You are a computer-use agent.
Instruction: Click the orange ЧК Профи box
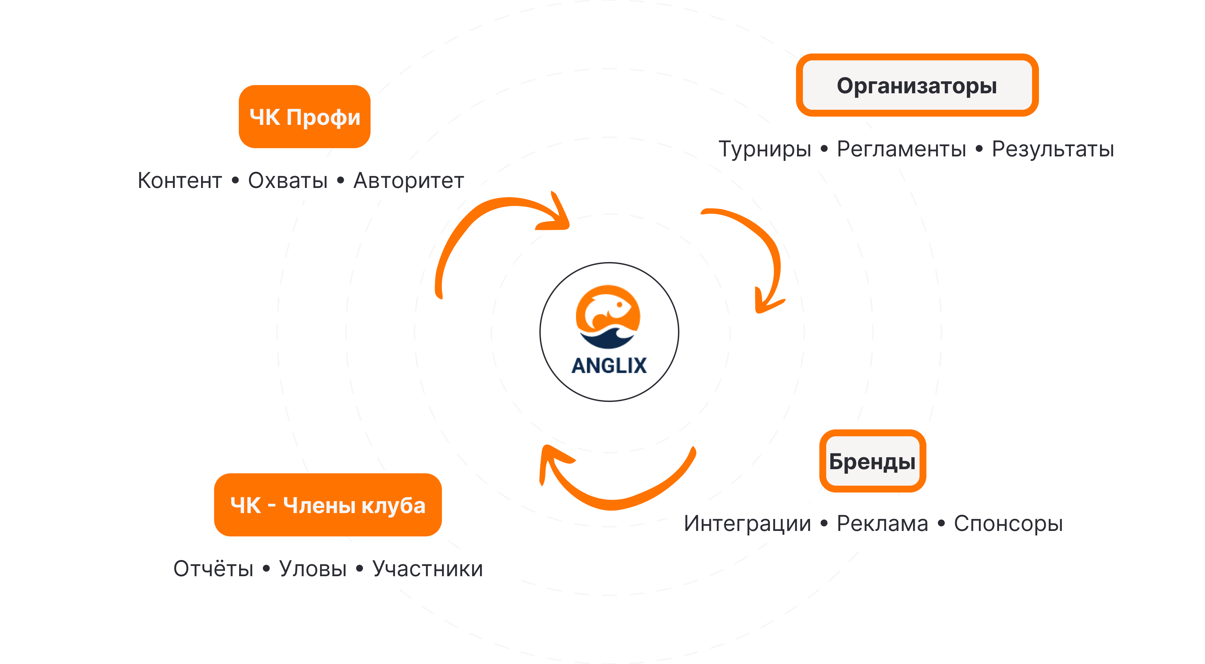(305, 117)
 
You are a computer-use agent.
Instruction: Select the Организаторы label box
(917, 85)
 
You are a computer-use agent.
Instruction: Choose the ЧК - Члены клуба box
(328, 505)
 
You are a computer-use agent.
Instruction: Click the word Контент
(180, 180)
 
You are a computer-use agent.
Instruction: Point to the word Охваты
(288, 180)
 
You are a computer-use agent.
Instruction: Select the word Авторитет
(408, 180)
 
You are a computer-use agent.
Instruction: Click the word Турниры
(765, 149)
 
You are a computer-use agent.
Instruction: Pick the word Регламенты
(901, 149)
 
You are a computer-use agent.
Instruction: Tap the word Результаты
(1053, 149)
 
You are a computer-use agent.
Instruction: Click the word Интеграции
(747, 523)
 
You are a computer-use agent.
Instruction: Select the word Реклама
(882, 523)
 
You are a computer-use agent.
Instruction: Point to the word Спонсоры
(1008, 523)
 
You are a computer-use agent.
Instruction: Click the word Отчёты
(213, 569)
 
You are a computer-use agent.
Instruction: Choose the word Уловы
(313, 569)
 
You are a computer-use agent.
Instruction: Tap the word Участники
(428, 569)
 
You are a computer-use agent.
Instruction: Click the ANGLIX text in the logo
(609, 366)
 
